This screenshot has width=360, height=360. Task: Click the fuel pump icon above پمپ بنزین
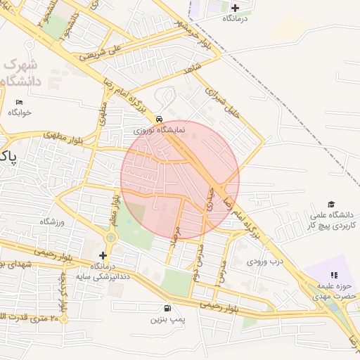coord(167,308)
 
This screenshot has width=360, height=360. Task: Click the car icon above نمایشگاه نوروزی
coord(160,120)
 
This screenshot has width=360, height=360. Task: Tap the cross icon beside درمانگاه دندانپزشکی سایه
coord(102,255)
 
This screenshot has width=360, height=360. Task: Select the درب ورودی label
coord(262,262)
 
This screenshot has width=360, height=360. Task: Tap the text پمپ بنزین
coord(167,319)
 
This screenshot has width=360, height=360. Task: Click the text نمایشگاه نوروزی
coord(160,131)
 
